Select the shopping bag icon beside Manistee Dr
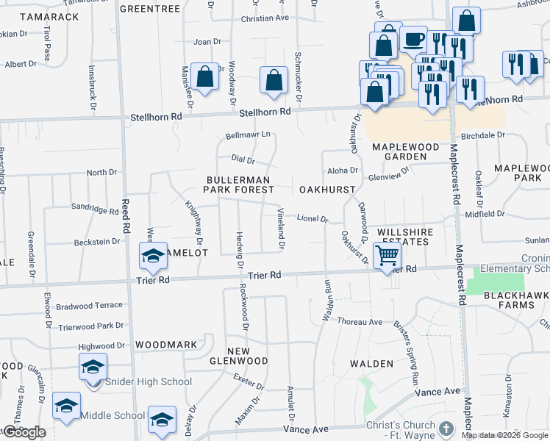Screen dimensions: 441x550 [x=204, y=76]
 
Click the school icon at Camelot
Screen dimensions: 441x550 [x=154, y=255]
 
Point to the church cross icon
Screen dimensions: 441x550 [x=446, y=428]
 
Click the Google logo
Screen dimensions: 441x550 [x=24, y=432]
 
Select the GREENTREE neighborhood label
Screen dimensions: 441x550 [x=149, y=9]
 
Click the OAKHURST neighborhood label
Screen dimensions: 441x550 [x=327, y=190]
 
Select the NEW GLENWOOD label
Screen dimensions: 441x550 [x=247, y=356]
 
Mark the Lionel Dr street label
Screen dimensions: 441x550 [x=312, y=218]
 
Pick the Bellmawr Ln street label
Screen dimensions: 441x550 [x=249, y=135]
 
